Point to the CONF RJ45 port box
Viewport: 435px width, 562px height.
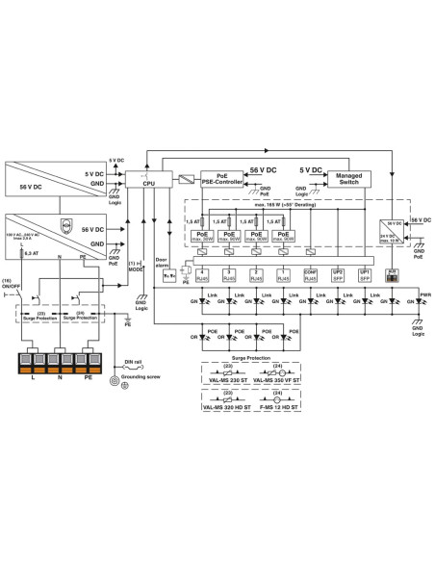[x=310, y=275]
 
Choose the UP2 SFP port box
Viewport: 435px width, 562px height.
[x=337, y=275]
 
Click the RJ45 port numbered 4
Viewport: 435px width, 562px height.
[x=203, y=275]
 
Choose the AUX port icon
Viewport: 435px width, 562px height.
[x=392, y=274]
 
